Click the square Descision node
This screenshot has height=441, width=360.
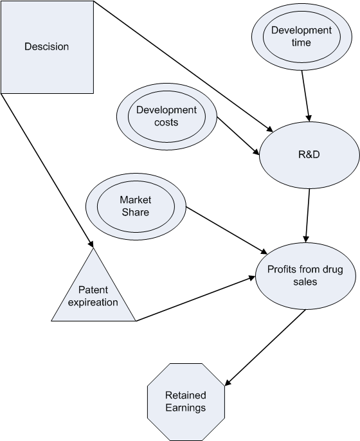pyautogui.click(x=46, y=46)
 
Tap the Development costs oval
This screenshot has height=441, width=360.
pyautogui.click(x=166, y=116)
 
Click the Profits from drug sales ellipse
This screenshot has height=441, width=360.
pyautogui.click(x=305, y=276)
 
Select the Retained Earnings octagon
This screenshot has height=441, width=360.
pyautogui.click(x=186, y=402)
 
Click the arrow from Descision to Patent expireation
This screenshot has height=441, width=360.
pyautogui.click(x=48, y=170)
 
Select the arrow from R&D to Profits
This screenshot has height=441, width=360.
pyautogui.click(x=308, y=213)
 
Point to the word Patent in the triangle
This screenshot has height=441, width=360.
pyautogui.click(x=93, y=290)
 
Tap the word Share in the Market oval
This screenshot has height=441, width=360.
pyautogui.click(x=135, y=212)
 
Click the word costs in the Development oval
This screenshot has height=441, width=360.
pyautogui.click(x=166, y=122)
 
